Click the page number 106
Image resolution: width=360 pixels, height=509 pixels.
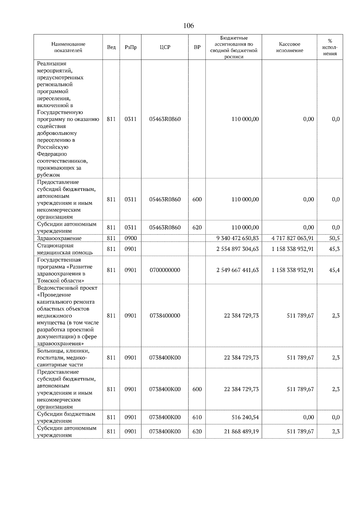pos(188,26)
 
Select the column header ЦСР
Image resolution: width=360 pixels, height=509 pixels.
pos(165,47)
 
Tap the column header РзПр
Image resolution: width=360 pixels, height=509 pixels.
pos(130,47)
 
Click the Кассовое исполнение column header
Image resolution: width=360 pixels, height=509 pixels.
pos(289,47)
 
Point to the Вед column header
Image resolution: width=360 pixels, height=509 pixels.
pos(111,47)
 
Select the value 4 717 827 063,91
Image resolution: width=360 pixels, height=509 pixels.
pos(292,238)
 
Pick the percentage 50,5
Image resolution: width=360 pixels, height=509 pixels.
pos(334,238)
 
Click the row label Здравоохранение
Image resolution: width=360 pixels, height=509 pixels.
pos(59,238)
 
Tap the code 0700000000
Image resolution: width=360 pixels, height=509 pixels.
pos(165,270)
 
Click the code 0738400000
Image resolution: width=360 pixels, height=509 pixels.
pos(165,316)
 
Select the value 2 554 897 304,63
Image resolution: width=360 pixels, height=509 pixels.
pos(237,249)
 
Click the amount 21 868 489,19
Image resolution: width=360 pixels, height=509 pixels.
pos(241,431)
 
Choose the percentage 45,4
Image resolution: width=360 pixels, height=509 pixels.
pos(334,270)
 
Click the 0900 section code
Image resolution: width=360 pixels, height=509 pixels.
pos(130,238)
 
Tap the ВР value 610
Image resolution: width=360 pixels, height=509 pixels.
pos(197,417)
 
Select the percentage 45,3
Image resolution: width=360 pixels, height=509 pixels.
pos(334,249)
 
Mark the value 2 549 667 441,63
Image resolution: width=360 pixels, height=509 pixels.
pos(237,270)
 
